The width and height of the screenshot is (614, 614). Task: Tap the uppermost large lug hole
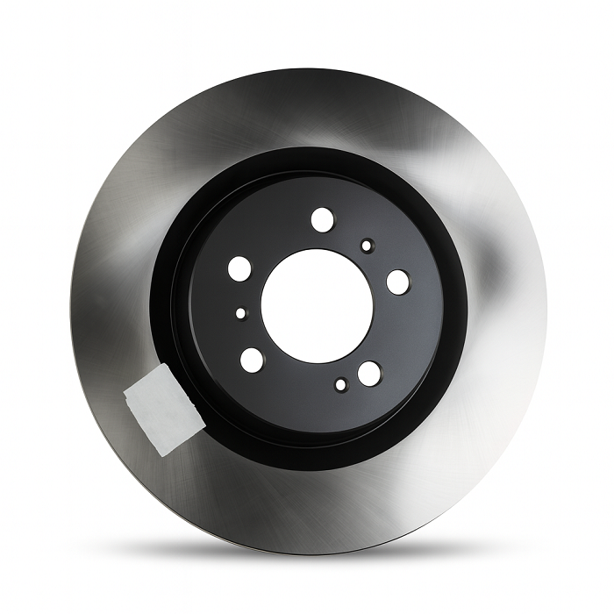[322, 218]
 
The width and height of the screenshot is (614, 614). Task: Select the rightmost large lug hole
[397, 282]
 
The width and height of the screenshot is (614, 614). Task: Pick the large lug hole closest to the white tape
[252, 358]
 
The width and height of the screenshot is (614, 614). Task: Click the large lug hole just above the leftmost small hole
[239, 268]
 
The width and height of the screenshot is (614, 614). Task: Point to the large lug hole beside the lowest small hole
[369, 373]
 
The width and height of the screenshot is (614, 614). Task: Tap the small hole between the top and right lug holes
[367, 245]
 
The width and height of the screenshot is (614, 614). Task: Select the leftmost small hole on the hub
[240, 312]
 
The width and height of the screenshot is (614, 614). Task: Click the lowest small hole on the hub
[340, 384]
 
